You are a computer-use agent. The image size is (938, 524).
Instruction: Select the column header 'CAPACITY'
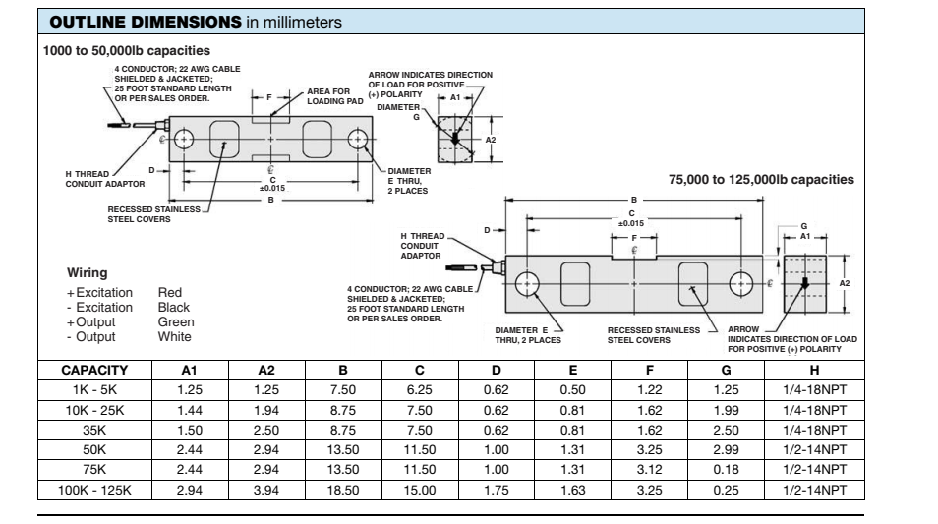pyautogui.click(x=95, y=371)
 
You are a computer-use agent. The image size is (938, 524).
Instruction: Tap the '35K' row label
pyautogui.click(x=95, y=430)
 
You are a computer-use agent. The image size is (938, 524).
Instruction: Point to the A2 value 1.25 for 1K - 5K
pyautogui.click(x=266, y=390)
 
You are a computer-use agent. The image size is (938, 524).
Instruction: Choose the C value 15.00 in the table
pyautogui.click(x=420, y=490)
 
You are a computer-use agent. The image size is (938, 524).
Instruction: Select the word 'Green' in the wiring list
pyautogui.click(x=176, y=321)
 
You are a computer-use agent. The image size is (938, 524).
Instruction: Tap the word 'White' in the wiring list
pyautogui.click(x=175, y=336)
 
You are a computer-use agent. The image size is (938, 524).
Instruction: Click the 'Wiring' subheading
pyautogui.click(x=87, y=272)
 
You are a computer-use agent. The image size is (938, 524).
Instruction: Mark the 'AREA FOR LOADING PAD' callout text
pyautogui.click(x=335, y=96)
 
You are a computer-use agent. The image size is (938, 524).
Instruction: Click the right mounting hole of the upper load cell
pyautogui.click(x=357, y=138)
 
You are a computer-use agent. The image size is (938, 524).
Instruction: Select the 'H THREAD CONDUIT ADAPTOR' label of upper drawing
pyautogui.click(x=98, y=179)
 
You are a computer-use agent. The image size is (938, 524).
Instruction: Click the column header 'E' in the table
pyautogui.click(x=573, y=371)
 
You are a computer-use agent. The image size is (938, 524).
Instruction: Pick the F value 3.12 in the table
pyautogui.click(x=650, y=470)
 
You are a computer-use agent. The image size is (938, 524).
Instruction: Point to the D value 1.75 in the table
pyautogui.click(x=497, y=490)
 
